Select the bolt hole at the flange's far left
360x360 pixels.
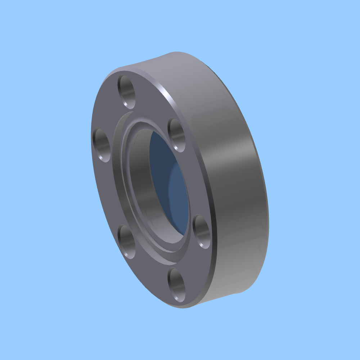tap(102, 145)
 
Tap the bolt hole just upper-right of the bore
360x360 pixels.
tap(177, 135)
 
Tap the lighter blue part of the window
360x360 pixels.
tap(180, 202)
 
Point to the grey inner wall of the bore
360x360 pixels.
tap(139, 180)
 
